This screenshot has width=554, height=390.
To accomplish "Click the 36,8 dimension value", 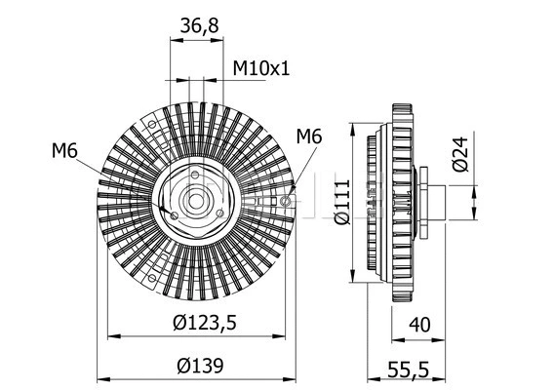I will pos(200,28).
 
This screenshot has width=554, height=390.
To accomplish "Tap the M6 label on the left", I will pos(65,150).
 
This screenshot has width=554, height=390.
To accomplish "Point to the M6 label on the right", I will pos(308,136).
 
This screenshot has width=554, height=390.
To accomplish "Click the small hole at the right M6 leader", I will pos(285,201).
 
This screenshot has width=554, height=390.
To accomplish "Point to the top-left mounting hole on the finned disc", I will pos(152,124).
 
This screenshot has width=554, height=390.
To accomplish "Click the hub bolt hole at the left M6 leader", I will pos(172,215).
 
